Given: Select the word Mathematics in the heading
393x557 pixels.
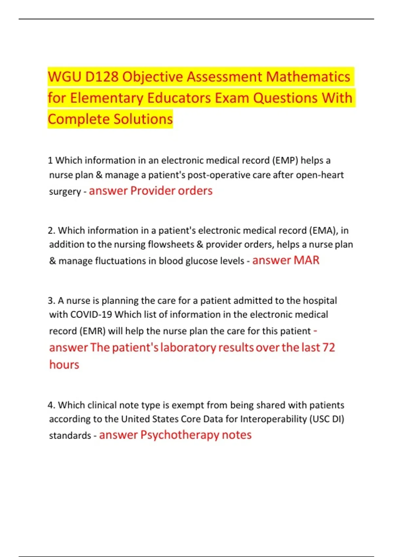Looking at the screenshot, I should (308, 77).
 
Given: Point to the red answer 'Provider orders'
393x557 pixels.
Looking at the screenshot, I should (171, 191).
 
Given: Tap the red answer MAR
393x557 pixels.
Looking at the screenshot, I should (306, 260).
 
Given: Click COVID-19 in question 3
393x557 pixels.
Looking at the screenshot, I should (91, 315).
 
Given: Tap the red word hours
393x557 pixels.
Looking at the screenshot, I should (64, 365).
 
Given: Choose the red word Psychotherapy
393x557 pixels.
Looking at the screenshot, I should (180, 435).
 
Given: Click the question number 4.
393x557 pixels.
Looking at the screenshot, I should (51, 405).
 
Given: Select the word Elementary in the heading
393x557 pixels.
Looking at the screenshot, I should (106, 98).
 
